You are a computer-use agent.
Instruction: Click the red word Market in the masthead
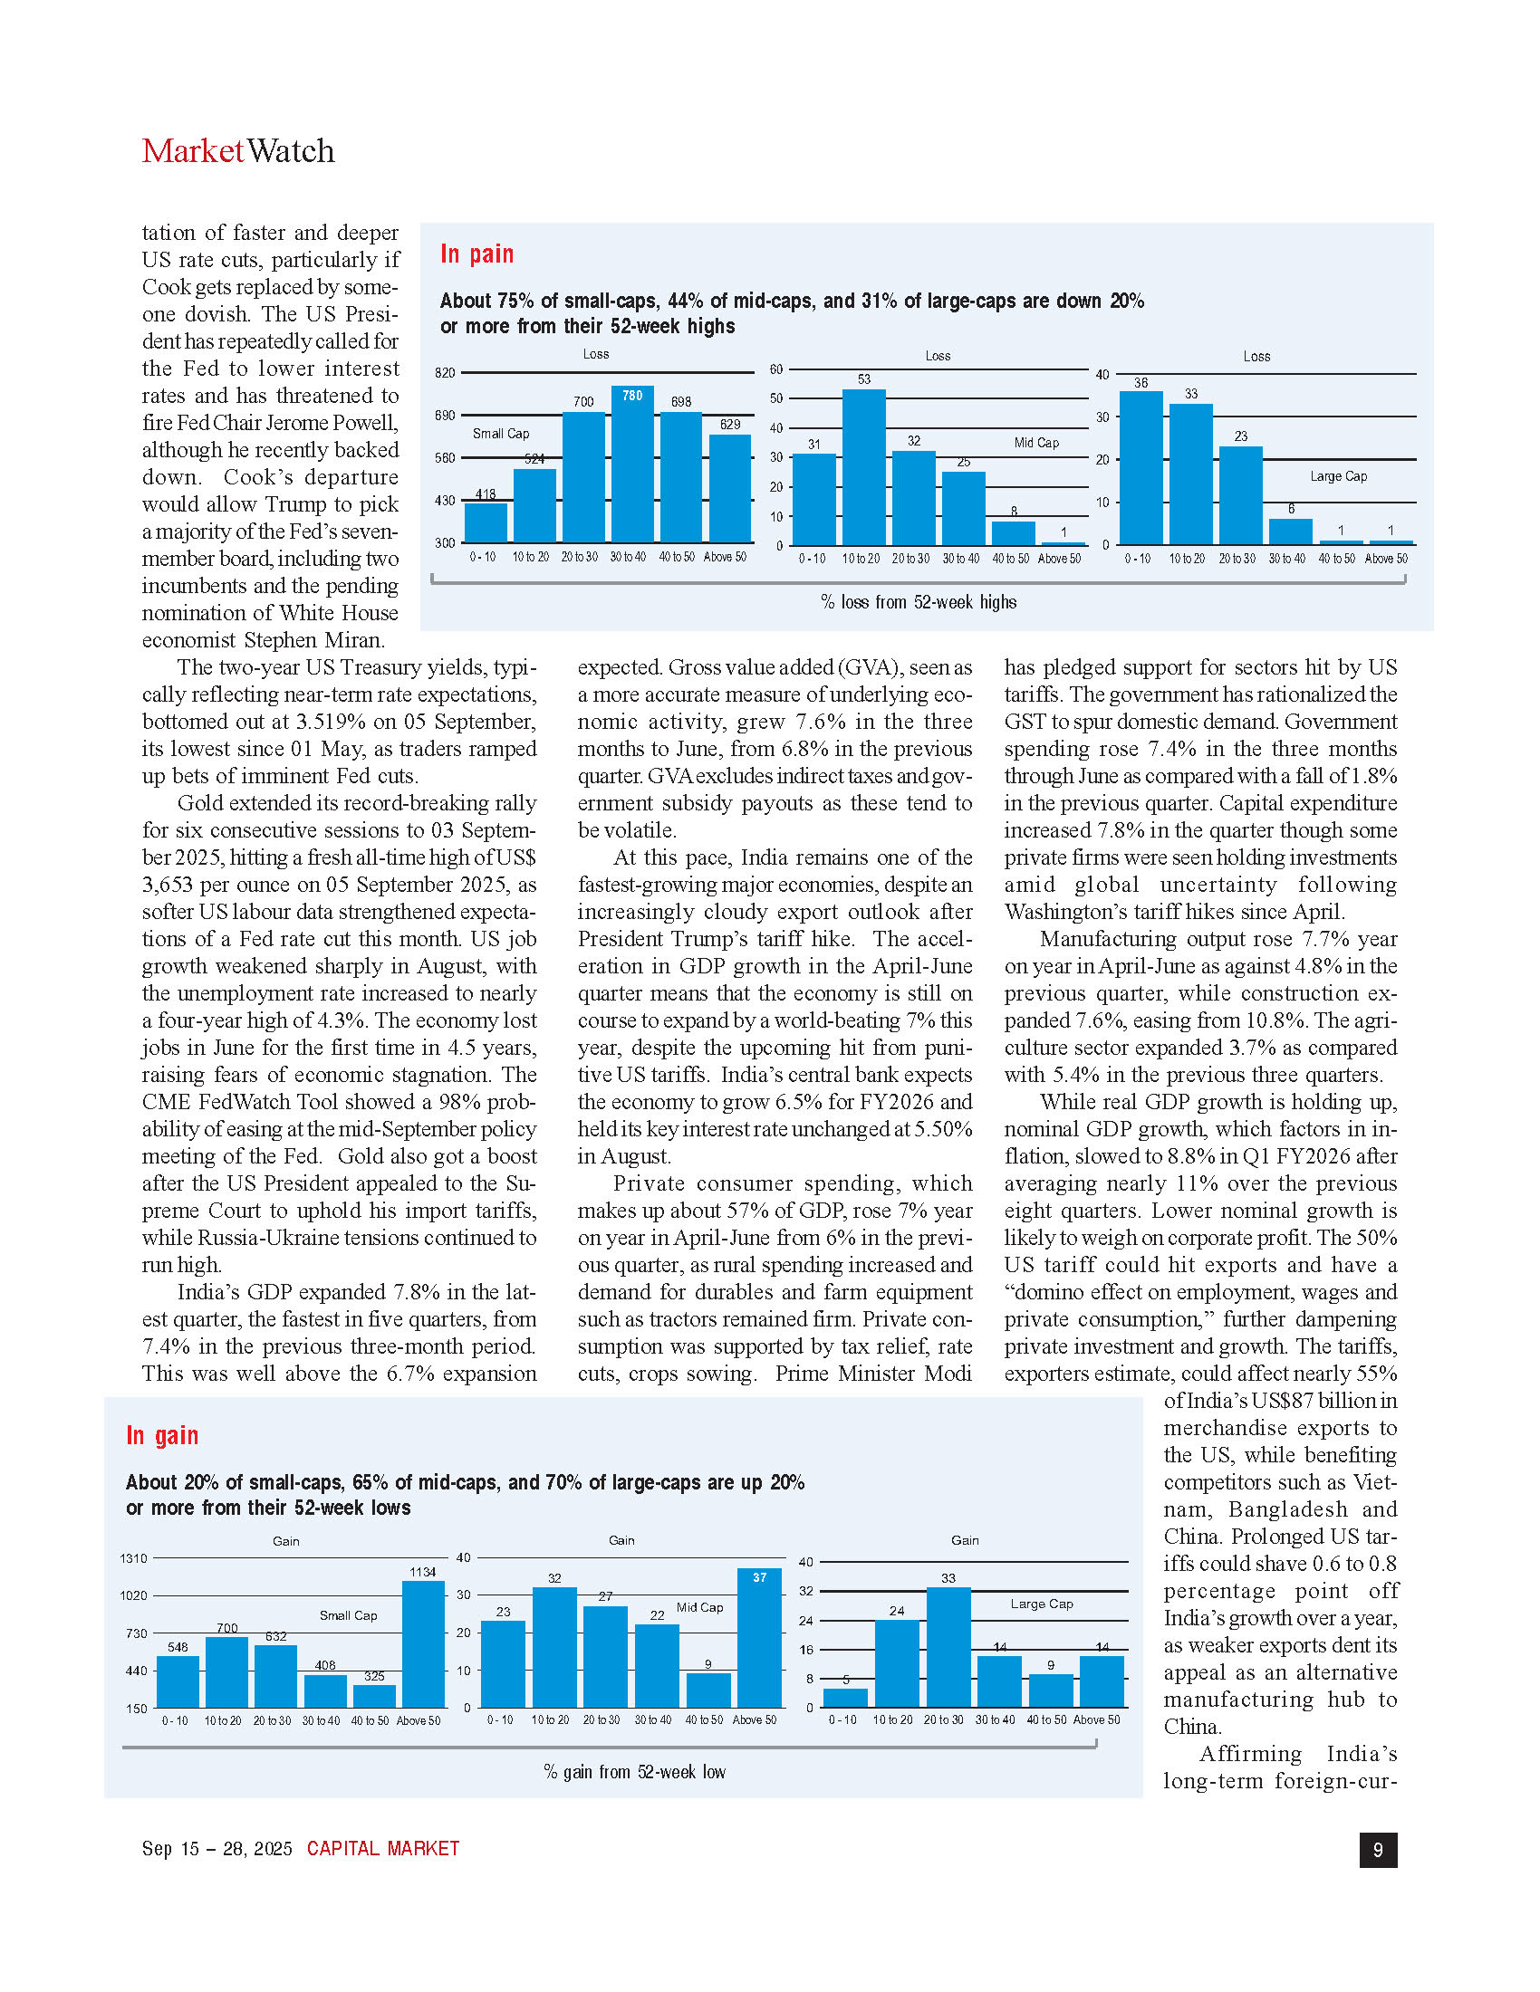click(192, 151)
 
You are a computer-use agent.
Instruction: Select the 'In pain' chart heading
click(476, 254)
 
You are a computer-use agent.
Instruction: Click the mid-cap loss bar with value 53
click(863, 467)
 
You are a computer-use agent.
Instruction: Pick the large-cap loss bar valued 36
click(1141, 468)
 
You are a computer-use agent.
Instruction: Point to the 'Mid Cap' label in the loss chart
click(1036, 444)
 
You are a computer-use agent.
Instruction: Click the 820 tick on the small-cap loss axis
click(444, 373)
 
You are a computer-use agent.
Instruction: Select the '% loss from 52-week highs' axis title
click(918, 602)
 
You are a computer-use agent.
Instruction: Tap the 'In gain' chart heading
click(161, 1436)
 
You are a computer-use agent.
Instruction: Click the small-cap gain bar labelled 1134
click(422, 1643)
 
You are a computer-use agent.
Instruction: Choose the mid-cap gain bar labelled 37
click(759, 1638)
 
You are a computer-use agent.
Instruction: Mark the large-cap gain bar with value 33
click(948, 1647)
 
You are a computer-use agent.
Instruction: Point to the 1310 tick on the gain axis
click(133, 1559)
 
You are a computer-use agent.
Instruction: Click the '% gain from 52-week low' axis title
click(634, 1772)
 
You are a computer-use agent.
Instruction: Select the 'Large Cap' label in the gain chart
click(1041, 1604)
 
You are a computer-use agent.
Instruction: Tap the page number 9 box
click(1378, 1850)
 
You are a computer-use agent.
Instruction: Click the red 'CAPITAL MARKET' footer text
click(383, 1849)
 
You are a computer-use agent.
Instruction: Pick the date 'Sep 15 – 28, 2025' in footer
click(217, 1849)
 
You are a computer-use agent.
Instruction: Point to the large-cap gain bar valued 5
click(846, 1698)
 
